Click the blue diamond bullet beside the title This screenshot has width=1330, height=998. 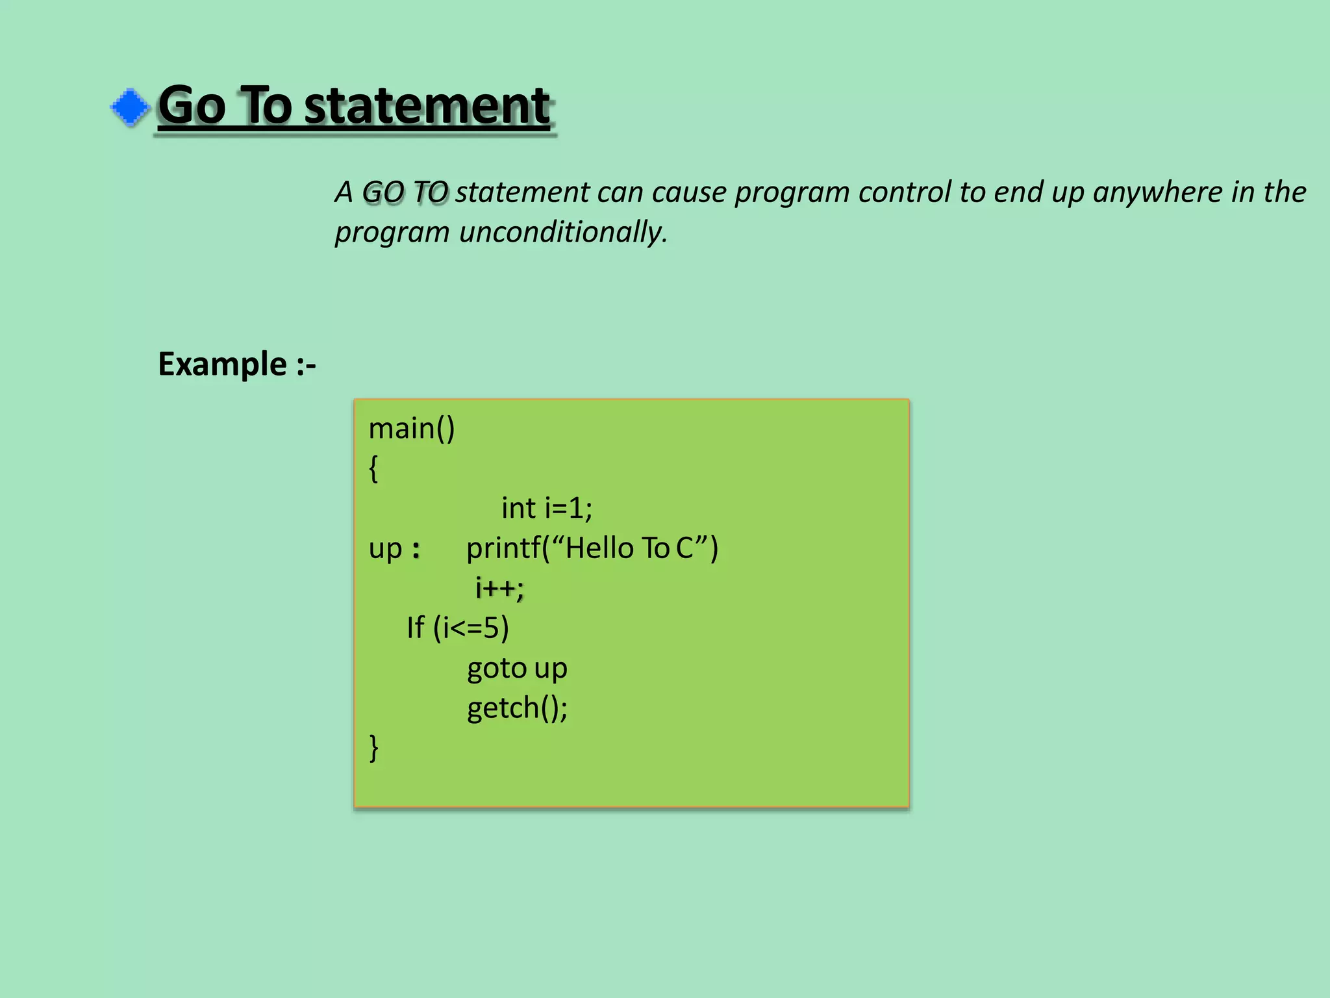click(130, 107)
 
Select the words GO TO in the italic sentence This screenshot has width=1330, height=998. click(405, 192)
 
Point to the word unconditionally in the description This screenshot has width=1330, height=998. click(563, 233)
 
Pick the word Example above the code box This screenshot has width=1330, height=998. click(222, 364)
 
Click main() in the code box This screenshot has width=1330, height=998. click(412, 429)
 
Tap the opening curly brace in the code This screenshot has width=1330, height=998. click(373, 468)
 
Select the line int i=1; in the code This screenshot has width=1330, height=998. click(547, 508)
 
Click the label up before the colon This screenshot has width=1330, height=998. click(385, 550)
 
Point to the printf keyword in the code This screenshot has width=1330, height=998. click(503, 548)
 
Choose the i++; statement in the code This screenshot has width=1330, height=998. click(499, 588)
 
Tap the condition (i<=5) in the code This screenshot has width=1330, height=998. click(471, 628)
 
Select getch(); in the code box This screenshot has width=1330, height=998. click(517, 708)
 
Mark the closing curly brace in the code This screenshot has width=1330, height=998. click(373, 748)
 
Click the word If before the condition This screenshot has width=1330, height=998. click(416, 628)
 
